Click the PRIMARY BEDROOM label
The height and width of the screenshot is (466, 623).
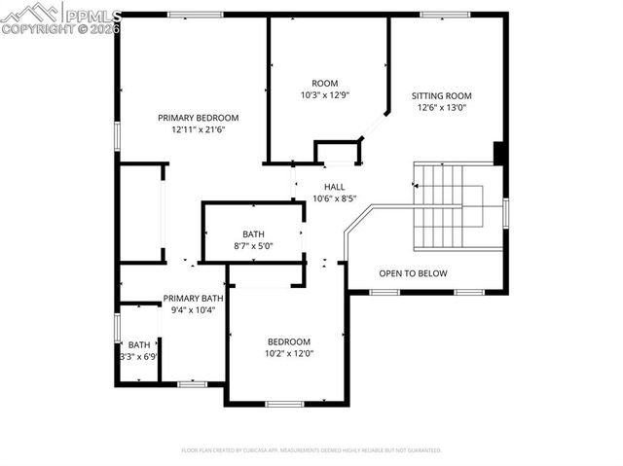click(x=199, y=118)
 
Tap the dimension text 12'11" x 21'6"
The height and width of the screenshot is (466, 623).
click(x=199, y=129)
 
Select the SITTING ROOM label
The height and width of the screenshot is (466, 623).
click(x=441, y=96)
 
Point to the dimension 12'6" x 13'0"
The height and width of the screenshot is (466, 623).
click(x=441, y=108)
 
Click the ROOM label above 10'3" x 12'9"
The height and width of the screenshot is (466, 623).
click(x=324, y=84)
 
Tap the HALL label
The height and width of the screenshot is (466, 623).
click(x=334, y=187)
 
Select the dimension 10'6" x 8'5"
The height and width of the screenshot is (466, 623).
click(x=334, y=198)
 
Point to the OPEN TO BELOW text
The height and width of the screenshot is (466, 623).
click(x=413, y=273)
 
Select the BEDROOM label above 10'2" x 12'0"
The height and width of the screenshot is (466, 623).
click(x=289, y=341)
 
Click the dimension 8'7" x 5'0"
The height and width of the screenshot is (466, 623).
click(x=253, y=246)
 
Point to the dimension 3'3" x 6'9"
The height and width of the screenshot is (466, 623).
click(x=139, y=357)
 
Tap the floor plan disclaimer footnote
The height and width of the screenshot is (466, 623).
click(x=311, y=450)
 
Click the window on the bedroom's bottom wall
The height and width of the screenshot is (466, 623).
click(x=284, y=404)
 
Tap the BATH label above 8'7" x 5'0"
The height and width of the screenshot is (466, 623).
click(x=253, y=234)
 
